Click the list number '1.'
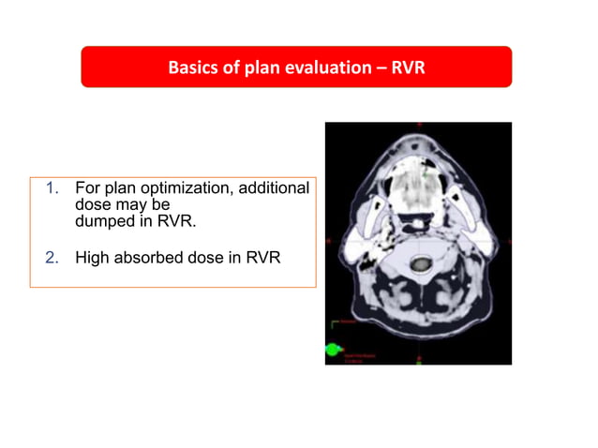[52, 187]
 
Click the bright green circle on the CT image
[332, 350]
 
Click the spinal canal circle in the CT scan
[420, 264]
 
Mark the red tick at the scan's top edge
[419, 125]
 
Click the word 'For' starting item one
[87, 187]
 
